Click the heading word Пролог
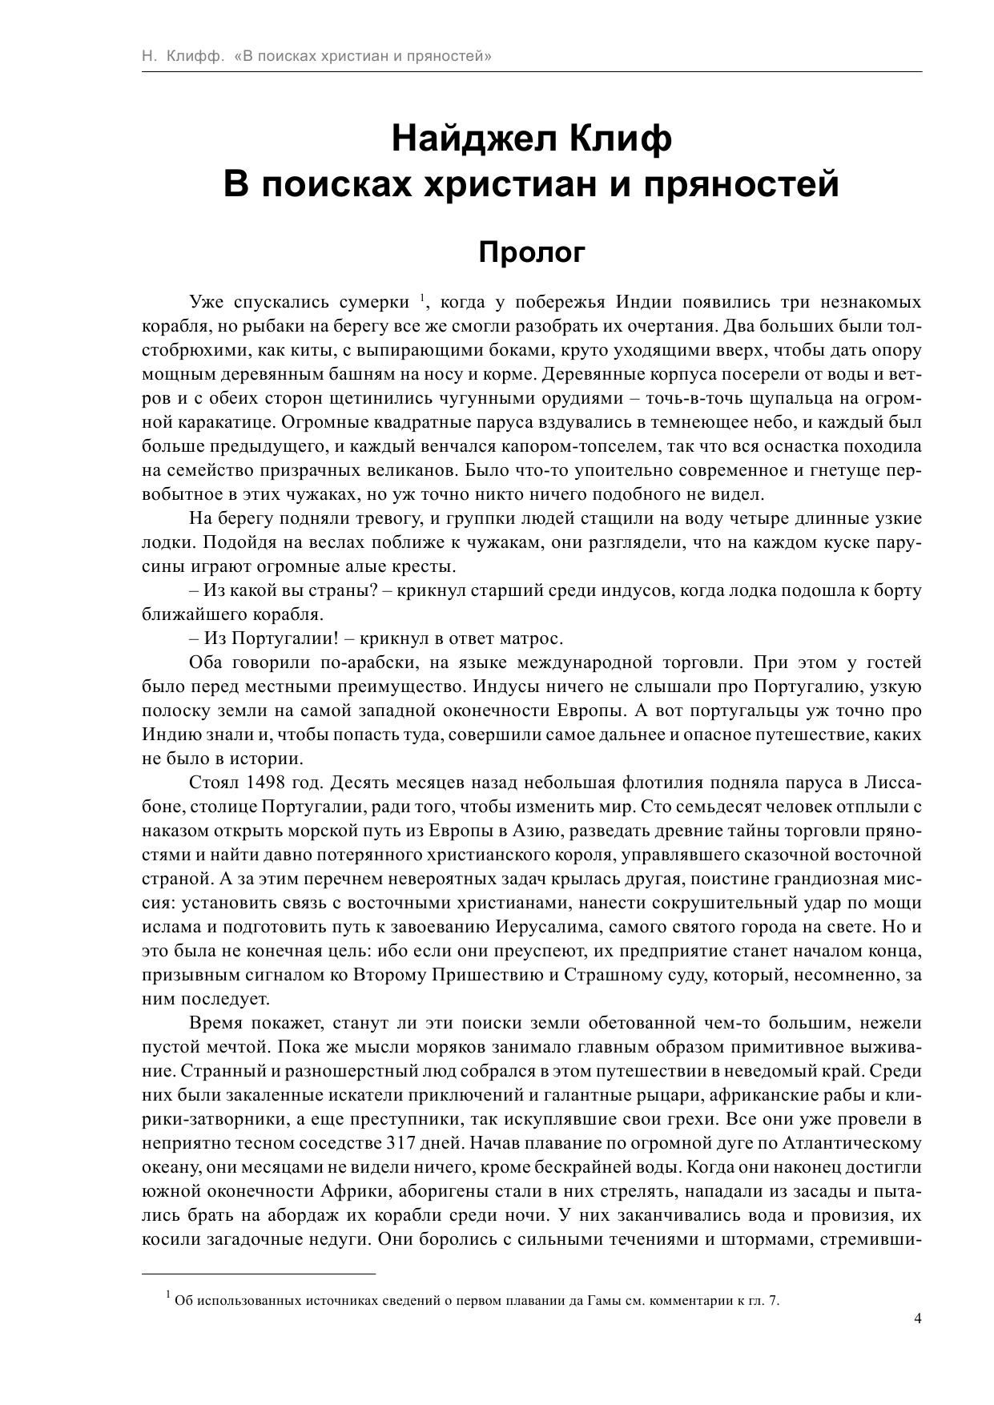pos(532,253)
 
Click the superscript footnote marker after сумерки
pos(422,299)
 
